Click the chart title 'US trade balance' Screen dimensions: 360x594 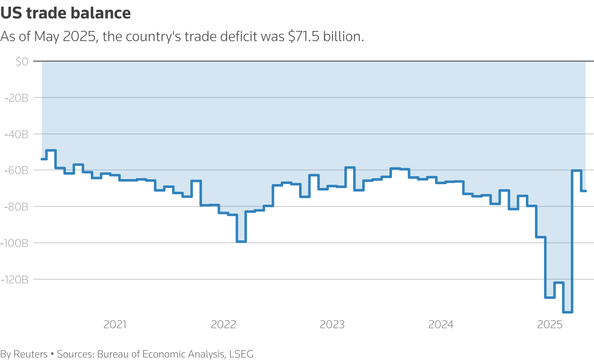[x=66, y=13]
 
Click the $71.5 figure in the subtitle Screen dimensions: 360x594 [x=304, y=36]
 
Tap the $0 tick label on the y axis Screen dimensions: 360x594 [x=22, y=62]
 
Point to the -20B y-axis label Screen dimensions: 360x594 [x=16, y=98]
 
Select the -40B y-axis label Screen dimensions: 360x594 [x=16, y=134]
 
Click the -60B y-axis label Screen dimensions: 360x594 [x=16, y=170]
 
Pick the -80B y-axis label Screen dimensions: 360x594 [x=16, y=207]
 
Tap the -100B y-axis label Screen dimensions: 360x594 [x=15, y=243]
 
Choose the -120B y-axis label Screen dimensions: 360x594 [x=15, y=279]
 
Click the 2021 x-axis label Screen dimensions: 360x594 [x=115, y=324]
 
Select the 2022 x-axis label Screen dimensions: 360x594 [x=224, y=324]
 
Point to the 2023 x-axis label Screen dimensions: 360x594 [x=332, y=324]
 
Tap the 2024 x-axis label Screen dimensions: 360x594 [x=441, y=324]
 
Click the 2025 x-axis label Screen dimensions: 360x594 [x=550, y=324]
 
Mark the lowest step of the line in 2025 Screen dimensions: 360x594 [x=568, y=312]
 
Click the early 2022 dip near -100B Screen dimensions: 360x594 [x=241, y=242]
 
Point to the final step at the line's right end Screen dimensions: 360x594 [x=583, y=191]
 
